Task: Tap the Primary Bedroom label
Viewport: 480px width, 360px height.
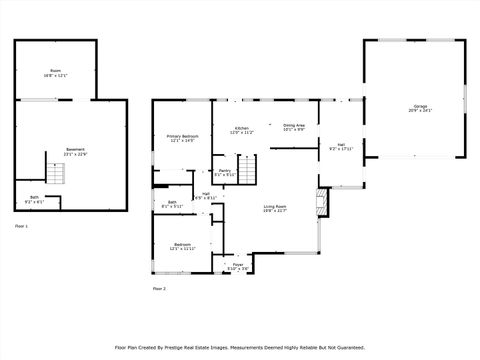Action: point(182,138)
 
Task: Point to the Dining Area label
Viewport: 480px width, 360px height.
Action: point(294,127)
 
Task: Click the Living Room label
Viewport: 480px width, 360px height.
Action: point(275,208)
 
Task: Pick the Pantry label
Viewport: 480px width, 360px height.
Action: point(225,172)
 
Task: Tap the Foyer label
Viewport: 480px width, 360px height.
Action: point(239,266)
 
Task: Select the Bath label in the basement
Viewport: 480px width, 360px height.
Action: point(34,199)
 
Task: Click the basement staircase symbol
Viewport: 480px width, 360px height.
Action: point(58,175)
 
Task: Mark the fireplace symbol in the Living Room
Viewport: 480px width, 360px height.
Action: point(321,203)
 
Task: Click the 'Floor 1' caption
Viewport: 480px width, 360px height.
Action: point(22,227)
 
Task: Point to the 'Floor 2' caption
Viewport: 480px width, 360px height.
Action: point(159,288)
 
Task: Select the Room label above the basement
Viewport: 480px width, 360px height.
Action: point(56,73)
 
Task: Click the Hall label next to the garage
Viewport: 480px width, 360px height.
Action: point(341,147)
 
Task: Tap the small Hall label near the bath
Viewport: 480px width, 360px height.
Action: point(206,195)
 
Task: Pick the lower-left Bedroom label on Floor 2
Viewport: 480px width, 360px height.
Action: point(182,246)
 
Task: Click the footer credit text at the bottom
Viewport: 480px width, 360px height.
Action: point(240,347)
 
